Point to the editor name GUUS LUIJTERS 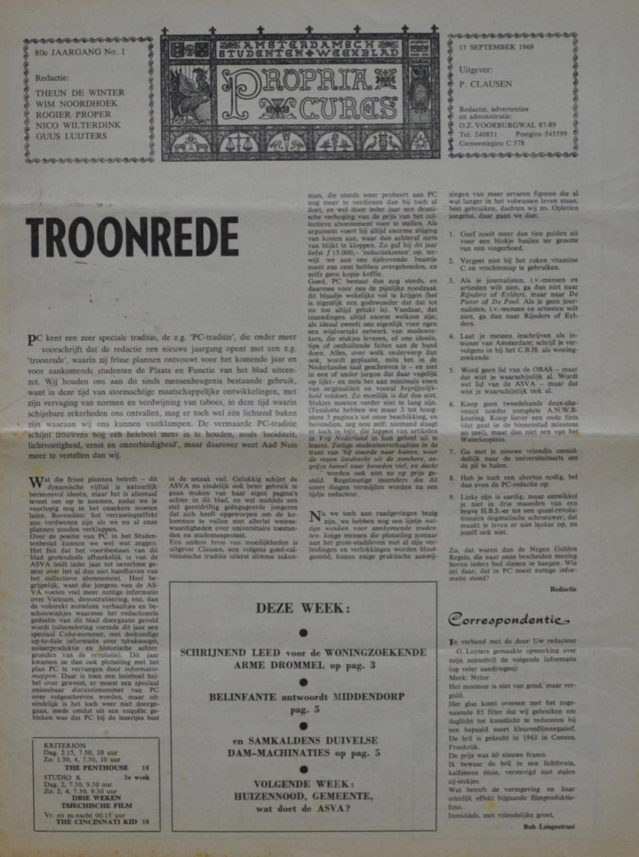[x=72, y=136]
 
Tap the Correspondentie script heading [x=508, y=619]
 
